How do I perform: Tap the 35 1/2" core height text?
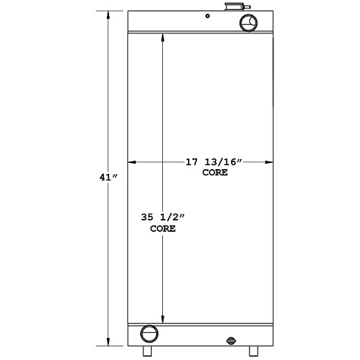[162, 218]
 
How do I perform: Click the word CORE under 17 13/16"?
[215, 173]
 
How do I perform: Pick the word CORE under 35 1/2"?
[162, 228]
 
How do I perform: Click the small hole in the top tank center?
[206, 16]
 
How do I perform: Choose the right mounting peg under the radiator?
[252, 352]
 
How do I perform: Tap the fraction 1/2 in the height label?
[171, 218]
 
